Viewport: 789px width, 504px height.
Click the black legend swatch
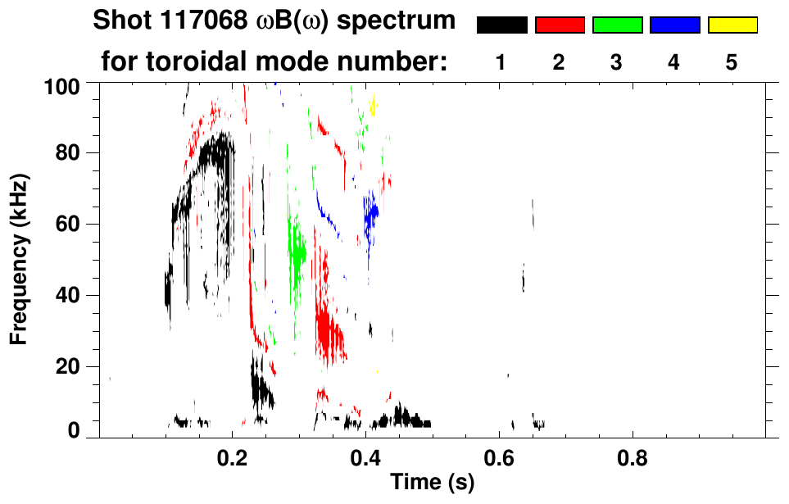(x=501, y=25)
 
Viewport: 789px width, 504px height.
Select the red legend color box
(x=560, y=25)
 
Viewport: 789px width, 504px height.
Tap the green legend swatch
(x=617, y=25)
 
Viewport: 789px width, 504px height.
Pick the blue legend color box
(x=674, y=25)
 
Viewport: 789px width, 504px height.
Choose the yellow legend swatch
(x=732, y=25)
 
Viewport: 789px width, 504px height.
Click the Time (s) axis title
(x=432, y=484)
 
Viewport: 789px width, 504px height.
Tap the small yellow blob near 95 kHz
(x=374, y=106)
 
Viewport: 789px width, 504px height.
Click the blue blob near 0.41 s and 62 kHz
(x=371, y=215)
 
